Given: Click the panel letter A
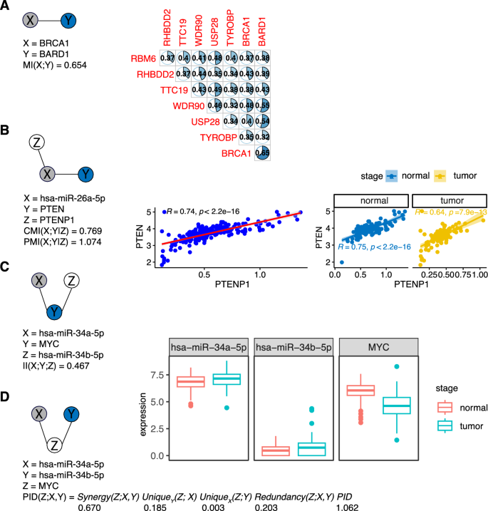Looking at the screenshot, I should coord(6,6).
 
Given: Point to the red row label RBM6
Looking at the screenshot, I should coord(143,58).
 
